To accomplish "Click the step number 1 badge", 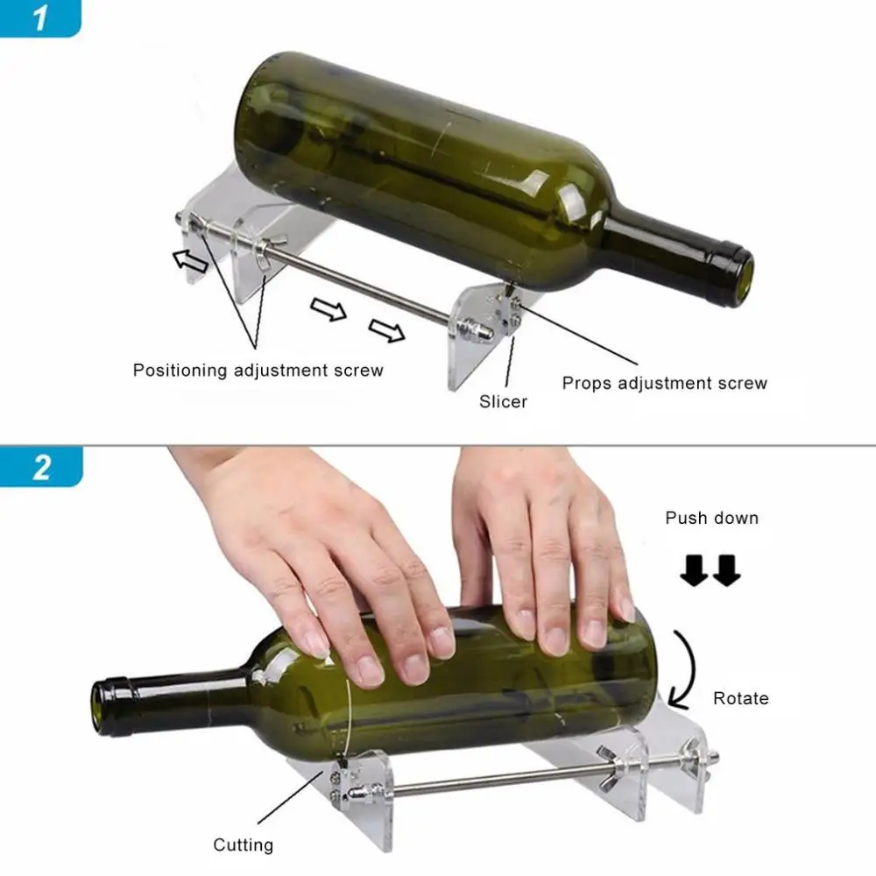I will point(40,18).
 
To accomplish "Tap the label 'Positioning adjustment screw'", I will point(258,370).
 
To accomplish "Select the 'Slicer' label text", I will point(503,402).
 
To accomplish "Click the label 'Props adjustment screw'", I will point(664,383).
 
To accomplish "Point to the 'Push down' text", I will point(711,518).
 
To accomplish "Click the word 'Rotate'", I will point(740,698).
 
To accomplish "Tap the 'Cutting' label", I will point(243,845).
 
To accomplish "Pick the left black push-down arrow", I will point(696,572).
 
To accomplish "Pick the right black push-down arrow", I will point(726,572).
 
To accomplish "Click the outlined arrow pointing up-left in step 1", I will point(189,260).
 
